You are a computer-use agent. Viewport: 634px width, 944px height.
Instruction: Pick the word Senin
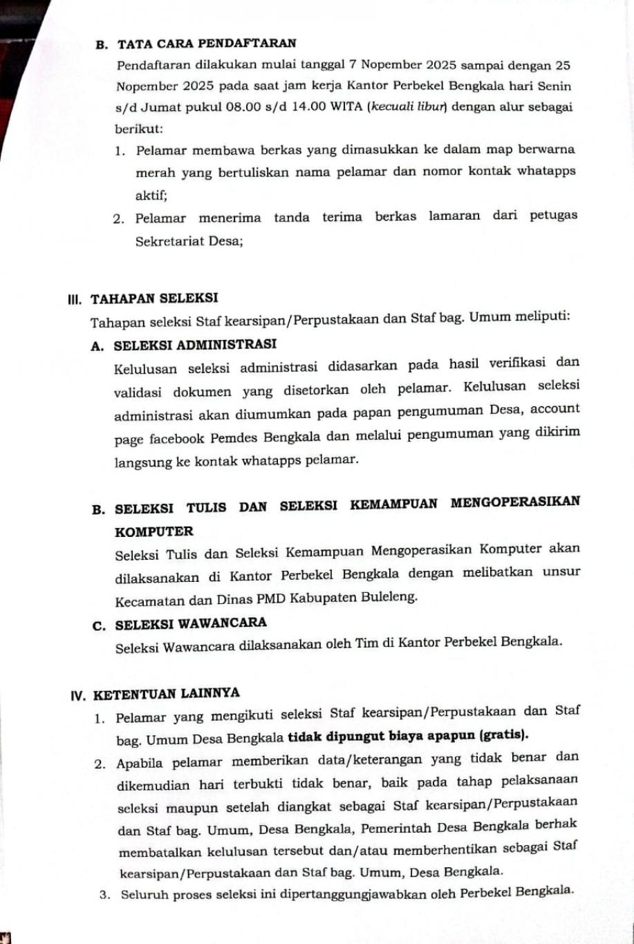pos(554,87)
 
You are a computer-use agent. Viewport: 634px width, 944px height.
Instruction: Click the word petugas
pos(553,217)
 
